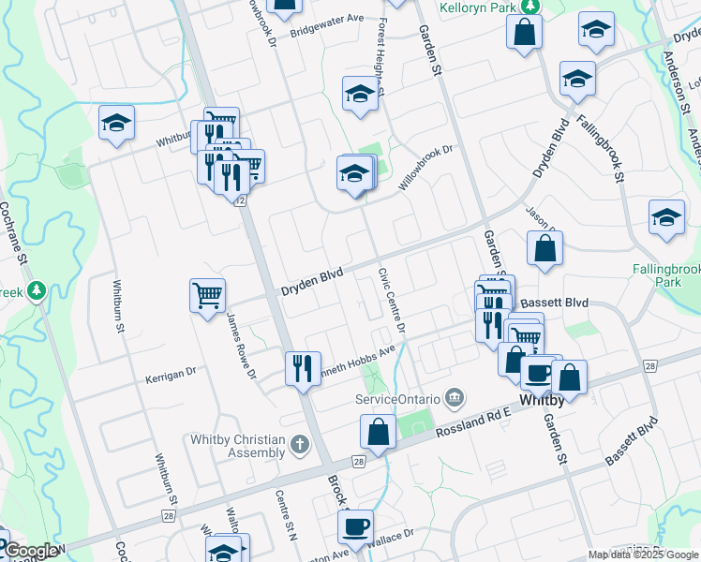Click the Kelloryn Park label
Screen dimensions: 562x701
(x=478, y=7)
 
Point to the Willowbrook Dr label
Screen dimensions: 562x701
(x=425, y=168)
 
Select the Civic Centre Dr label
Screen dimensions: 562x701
(x=392, y=301)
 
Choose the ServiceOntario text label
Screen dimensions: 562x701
(x=397, y=399)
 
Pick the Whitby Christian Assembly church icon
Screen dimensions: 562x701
(x=299, y=443)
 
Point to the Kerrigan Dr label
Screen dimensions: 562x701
(x=170, y=372)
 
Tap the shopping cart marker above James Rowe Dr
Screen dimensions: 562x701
(x=207, y=295)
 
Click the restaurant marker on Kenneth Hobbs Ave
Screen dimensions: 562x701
(x=303, y=366)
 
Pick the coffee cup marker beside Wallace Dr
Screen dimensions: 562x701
(x=356, y=525)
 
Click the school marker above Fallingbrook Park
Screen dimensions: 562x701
(x=666, y=217)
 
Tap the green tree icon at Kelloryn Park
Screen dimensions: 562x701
(x=530, y=6)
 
